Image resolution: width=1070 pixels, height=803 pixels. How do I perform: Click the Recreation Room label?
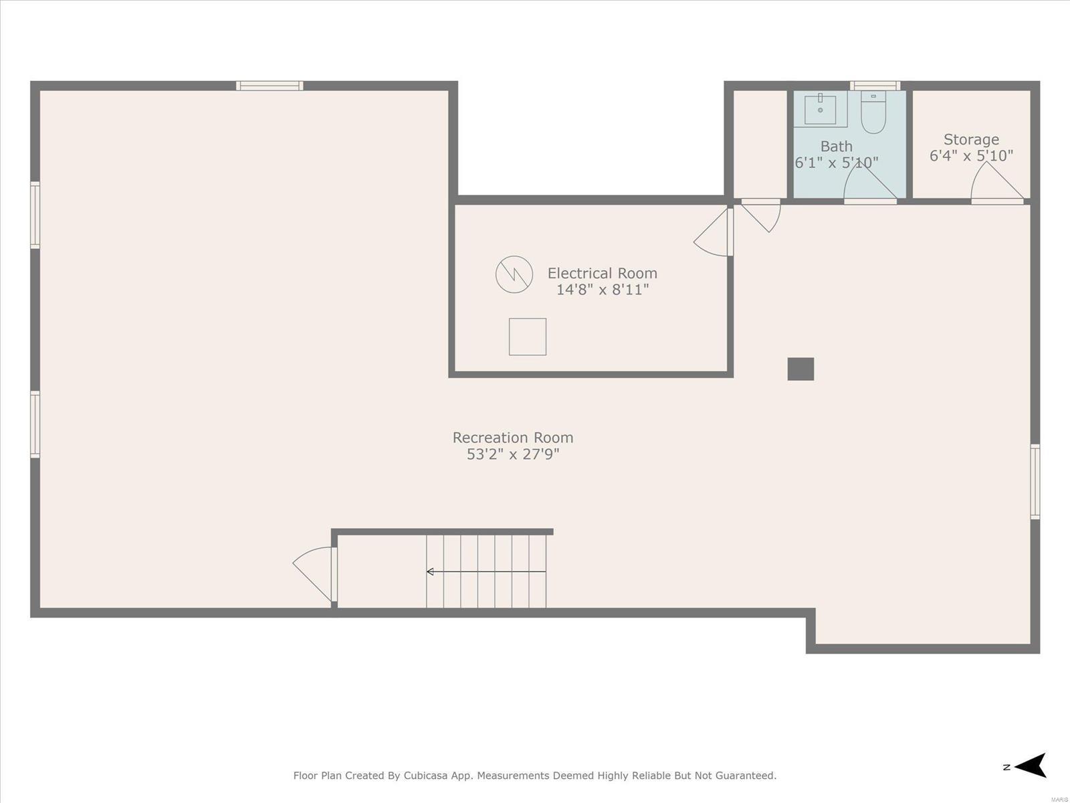click(x=513, y=438)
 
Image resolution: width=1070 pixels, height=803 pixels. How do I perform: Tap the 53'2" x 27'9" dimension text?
click(x=513, y=454)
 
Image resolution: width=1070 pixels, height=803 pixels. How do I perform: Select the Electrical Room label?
click(x=602, y=273)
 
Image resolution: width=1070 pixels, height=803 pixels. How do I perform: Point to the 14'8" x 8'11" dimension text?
click(x=603, y=290)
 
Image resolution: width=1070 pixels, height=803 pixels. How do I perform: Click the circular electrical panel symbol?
click(x=514, y=274)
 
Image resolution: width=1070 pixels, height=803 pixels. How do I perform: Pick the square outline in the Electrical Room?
click(x=528, y=337)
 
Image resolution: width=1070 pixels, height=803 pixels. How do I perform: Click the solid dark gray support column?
click(x=800, y=369)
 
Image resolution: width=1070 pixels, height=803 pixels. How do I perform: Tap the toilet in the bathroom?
click(x=873, y=112)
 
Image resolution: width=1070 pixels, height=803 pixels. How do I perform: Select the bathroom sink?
click(x=820, y=109)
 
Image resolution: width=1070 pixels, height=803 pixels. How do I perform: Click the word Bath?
click(x=837, y=147)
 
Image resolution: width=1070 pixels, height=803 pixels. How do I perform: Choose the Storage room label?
click(x=971, y=139)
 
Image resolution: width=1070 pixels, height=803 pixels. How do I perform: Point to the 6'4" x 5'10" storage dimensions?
click(x=971, y=156)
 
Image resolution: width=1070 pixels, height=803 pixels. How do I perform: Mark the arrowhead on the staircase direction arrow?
click(x=429, y=571)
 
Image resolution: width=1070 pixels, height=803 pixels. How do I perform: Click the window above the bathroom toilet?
click(x=875, y=86)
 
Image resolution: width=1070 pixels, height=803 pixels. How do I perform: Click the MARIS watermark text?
click(x=1059, y=800)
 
